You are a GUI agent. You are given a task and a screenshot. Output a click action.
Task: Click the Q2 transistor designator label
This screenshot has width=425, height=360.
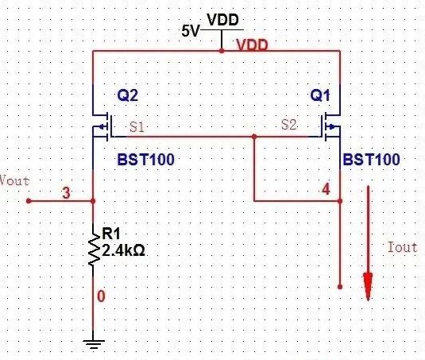(x=127, y=95)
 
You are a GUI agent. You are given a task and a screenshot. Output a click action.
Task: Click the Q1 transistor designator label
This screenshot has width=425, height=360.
(x=320, y=95)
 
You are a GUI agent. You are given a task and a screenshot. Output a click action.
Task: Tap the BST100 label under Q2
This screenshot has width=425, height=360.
(x=146, y=160)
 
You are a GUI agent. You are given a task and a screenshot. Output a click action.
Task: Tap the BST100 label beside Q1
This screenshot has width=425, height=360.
(x=371, y=160)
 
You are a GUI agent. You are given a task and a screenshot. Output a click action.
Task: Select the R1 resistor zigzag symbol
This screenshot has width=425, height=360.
(x=94, y=250)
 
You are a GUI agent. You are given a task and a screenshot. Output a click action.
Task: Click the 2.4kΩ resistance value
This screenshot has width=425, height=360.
(x=123, y=251)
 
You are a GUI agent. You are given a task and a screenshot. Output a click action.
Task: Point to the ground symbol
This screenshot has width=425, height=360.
(x=93, y=344)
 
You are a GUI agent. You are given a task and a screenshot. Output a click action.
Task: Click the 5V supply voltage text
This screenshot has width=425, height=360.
(x=191, y=31)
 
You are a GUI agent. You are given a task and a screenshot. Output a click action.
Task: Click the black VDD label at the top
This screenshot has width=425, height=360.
(x=222, y=20)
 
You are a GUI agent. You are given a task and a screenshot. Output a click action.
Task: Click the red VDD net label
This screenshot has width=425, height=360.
(x=252, y=45)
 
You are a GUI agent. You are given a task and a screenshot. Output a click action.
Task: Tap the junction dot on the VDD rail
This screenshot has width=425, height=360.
(x=222, y=51)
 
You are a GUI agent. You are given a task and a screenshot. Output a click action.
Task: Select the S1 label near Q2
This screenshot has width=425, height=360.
(x=137, y=127)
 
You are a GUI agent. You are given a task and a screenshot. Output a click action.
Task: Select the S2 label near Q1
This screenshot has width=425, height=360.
(x=289, y=125)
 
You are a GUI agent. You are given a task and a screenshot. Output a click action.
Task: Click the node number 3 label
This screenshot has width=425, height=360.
(x=67, y=193)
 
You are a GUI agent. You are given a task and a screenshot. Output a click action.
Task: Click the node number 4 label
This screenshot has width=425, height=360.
(x=326, y=189)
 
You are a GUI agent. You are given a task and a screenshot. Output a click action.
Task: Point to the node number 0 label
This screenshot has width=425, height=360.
(x=101, y=296)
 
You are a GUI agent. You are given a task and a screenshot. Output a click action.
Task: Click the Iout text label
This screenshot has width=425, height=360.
(x=402, y=247)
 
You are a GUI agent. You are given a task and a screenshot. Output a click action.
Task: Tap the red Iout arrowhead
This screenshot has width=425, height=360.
(x=368, y=286)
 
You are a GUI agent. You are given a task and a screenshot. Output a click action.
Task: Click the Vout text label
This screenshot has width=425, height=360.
(x=14, y=180)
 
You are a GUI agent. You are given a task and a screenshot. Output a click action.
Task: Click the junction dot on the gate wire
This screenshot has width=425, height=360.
(x=254, y=137)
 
